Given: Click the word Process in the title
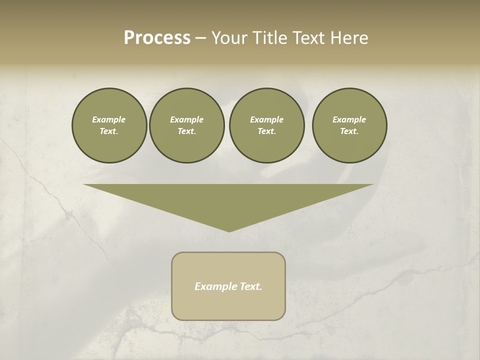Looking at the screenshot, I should click(157, 38).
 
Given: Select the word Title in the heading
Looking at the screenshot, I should click(270, 38).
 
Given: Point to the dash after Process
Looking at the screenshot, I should click(201, 39).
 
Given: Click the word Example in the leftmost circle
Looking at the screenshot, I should click(109, 119).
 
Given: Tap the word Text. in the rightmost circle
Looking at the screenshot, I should click(349, 131).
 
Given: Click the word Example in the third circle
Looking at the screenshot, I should click(266, 119).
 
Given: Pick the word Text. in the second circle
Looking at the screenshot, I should click(186, 131).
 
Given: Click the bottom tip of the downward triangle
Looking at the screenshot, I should click(229, 230).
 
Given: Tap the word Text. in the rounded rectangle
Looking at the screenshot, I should click(251, 286).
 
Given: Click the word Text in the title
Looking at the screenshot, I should click(309, 38).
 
